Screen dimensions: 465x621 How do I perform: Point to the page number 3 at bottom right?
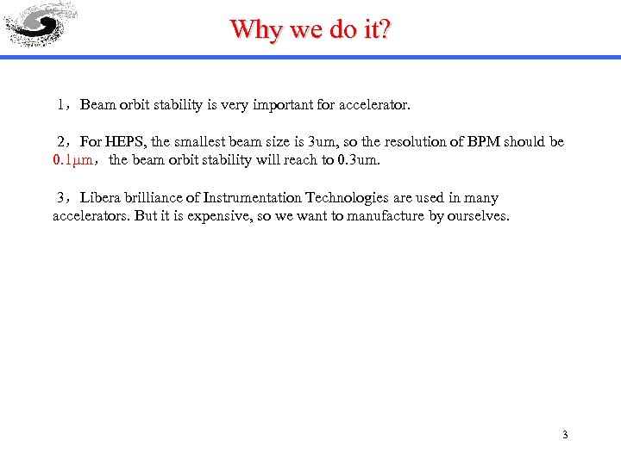point(565,435)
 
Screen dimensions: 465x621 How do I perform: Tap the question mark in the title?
point(385,29)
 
